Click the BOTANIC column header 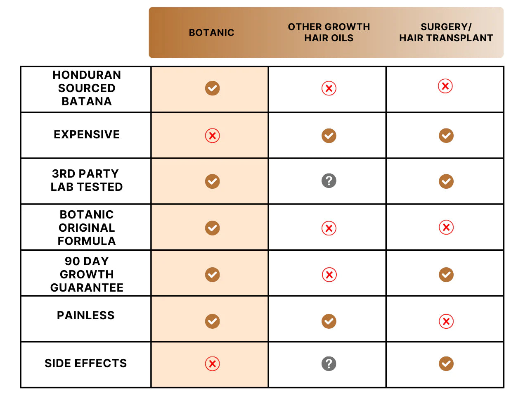[x=211, y=33]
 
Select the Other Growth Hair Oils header [x=329, y=33]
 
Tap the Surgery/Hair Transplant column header [x=446, y=33]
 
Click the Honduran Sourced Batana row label [x=87, y=88]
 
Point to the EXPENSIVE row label [x=87, y=135]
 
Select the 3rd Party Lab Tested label [x=87, y=180]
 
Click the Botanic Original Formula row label [x=87, y=228]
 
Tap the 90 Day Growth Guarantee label [x=87, y=274]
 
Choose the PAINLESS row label [x=86, y=316]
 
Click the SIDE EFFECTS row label [x=86, y=363]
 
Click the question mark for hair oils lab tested [x=329, y=181]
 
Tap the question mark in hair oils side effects [x=329, y=364]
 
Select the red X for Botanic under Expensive [x=213, y=136]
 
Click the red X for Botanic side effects [x=213, y=364]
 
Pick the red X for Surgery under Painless [x=446, y=321]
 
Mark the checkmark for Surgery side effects [x=446, y=364]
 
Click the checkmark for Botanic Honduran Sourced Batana [x=213, y=88]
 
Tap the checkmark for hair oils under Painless [x=329, y=321]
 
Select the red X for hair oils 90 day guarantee [x=329, y=275]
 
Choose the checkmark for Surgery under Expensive [x=446, y=136]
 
